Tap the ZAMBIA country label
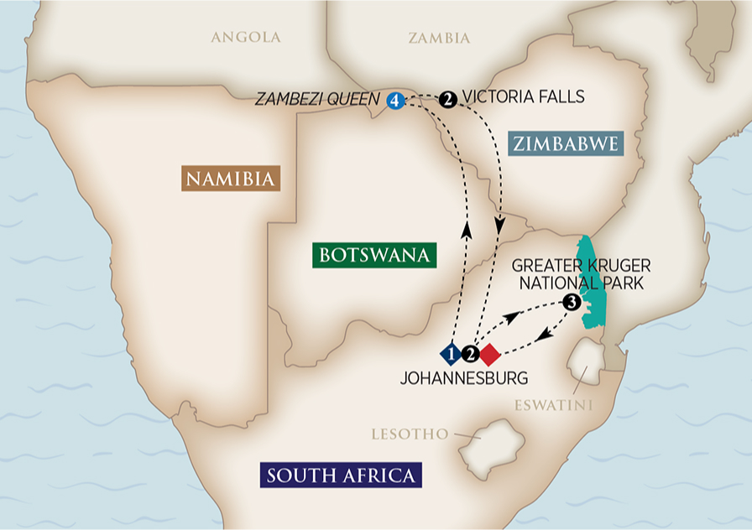(439, 38)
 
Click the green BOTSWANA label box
(374, 254)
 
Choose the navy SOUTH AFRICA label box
(340, 475)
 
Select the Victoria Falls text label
(524, 97)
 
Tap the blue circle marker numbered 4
(394, 100)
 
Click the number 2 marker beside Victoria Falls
(448, 99)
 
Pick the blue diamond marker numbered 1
(452, 354)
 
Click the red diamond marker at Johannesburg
(490, 354)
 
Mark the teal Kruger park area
(593, 285)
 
